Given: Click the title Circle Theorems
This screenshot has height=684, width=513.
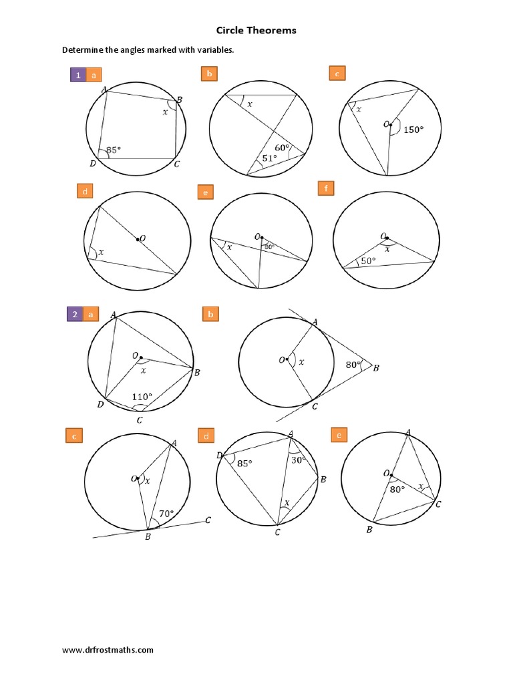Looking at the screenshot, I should pos(256,30).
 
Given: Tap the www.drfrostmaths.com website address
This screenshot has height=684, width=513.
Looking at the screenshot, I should pos(108,649).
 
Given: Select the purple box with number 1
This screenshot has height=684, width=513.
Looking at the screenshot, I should pos(78,75).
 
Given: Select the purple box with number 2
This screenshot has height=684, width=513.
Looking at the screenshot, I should pos(75,314).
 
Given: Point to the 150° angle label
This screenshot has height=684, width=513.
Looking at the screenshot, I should pos(413,130).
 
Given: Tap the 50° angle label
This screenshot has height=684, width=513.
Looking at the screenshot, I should pos(369,261).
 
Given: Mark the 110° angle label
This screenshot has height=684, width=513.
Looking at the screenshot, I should pos(141,397).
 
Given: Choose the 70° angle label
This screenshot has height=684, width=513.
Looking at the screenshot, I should pos(166,514).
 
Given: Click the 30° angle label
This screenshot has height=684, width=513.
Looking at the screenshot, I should pos(298,460).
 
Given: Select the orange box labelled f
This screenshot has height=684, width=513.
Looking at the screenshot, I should pos(325,190).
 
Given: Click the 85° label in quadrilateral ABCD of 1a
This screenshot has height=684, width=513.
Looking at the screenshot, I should pos(114,150).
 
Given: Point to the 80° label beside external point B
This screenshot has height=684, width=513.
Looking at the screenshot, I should pos(353,365).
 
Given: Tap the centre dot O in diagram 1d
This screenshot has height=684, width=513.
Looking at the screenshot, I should pos(137,238).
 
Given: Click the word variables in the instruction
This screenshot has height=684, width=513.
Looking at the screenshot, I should pos(214,50).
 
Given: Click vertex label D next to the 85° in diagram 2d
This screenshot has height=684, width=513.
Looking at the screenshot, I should pos(219,456).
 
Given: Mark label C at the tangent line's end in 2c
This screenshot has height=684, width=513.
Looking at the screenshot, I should pos(209,520).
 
